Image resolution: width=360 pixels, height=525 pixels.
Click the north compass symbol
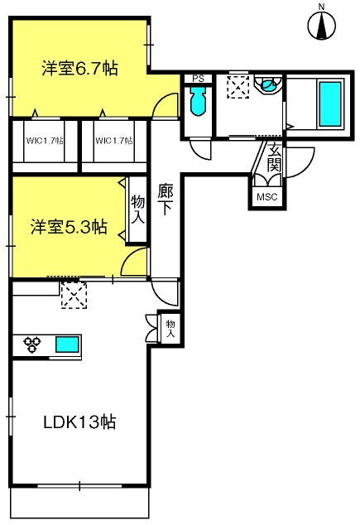tap(322, 25)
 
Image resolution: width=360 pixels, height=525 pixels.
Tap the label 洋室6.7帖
tap(79, 68)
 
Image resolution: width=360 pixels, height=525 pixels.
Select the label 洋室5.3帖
tap(69, 227)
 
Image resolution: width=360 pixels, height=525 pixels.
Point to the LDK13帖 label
tap(79, 421)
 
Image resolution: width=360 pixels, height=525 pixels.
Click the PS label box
tap(198, 79)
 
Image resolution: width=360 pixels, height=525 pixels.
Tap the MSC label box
tap(267, 196)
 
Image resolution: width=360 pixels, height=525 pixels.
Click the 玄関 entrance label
tap(275, 157)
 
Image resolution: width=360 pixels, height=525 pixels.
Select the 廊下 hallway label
tap(166, 200)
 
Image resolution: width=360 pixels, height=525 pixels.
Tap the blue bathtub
tap(330, 104)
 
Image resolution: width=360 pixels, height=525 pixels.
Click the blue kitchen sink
tap(67, 344)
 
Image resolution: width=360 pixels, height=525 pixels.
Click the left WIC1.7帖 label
tap(45, 141)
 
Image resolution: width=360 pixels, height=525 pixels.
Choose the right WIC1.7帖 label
tap(113, 141)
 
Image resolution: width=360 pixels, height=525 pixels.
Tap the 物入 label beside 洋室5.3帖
tap(137, 210)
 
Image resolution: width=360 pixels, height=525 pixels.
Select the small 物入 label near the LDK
tap(170, 329)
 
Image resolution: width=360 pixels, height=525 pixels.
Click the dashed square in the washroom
tap(238, 87)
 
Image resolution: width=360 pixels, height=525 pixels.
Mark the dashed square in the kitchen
tap(74, 296)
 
